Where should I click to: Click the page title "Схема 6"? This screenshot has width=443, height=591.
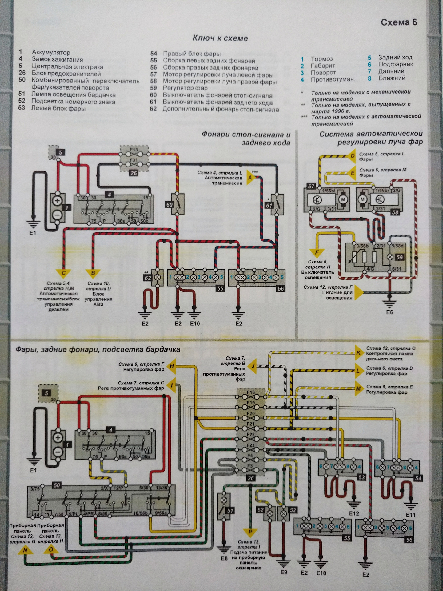(x=399, y=22)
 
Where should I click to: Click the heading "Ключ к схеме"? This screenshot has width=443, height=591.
(x=220, y=38)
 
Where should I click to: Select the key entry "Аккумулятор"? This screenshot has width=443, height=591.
(x=51, y=53)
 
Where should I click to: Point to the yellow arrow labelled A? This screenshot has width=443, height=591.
(x=250, y=178)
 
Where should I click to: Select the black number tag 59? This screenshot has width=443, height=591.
(x=399, y=257)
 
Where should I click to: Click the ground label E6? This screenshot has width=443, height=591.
(x=390, y=312)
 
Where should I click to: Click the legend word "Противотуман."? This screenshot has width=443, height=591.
(x=333, y=79)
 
